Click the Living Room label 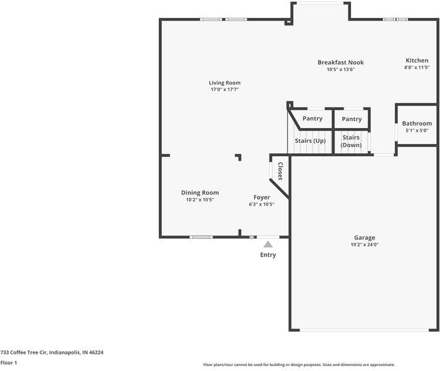[224, 83]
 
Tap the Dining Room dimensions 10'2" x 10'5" [200, 200]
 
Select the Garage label [365, 237]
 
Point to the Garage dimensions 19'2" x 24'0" [365, 245]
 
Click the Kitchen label [417, 61]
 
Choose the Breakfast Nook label [341, 62]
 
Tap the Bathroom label [417, 124]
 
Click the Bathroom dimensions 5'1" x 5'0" [417, 130]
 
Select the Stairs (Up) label [310, 141]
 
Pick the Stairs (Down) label [351, 141]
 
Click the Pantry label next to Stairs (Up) [312, 119]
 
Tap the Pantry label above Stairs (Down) [352, 119]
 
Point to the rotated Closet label [280, 171]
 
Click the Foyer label [261, 197]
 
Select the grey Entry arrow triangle [268, 245]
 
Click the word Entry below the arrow [268, 255]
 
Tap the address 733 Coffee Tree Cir [52, 352]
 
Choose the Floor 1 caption [9, 363]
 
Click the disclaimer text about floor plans [299, 365]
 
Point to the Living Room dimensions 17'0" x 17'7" [224, 90]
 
